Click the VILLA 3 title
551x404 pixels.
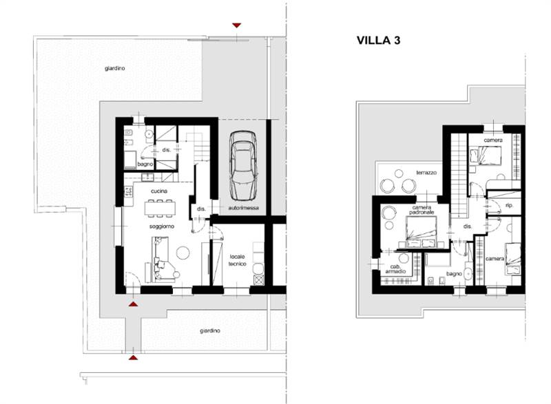coord(378,41)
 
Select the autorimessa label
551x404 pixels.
coord(244,208)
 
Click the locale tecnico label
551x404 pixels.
coord(238,260)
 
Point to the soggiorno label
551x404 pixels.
coord(162,226)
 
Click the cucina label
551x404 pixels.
coord(159,191)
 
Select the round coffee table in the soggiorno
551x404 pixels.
coord(183,253)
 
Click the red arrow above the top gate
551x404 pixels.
coord(236,25)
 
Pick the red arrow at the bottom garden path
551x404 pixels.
coord(133,358)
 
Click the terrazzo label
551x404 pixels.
coord(426,173)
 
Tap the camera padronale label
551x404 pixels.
coord(422,210)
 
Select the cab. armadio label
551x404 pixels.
coord(395,269)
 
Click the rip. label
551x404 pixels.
coord(509,205)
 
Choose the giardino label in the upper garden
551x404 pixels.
coord(114,68)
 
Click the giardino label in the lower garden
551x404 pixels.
coord(210,330)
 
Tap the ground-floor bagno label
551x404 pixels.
coord(145,164)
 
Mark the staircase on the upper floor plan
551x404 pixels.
coord(459,175)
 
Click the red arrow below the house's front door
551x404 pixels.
coord(133,304)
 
